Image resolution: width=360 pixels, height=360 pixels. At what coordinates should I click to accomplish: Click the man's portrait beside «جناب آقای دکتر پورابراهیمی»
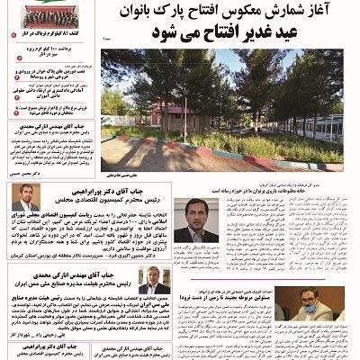pos(25,197)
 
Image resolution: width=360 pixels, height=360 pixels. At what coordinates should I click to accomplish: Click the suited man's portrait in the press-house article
pos(197,221)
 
